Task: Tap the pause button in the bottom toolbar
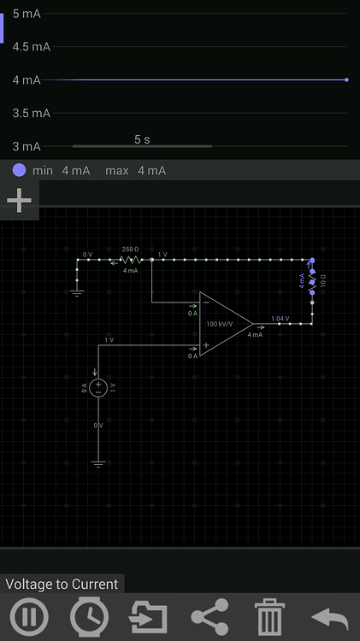tap(29, 617)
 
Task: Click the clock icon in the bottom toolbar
tap(89, 617)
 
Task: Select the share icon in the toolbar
tap(210, 617)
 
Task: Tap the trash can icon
tap(269, 617)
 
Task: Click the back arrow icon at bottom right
tap(330, 617)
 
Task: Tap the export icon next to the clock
tap(150, 617)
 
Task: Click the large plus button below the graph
tap(19, 201)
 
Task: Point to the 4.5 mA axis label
tap(31, 47)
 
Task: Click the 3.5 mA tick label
tap(31, 113)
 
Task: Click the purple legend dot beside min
tap(20, 170)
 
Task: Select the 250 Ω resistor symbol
tap(130, 258)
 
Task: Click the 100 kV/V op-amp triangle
tap(222, 324)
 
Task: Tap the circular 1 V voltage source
tap(98, 387)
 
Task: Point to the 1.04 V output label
tap(280, 319)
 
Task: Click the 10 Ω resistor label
tap(323, 280)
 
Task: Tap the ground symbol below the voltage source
tap(98, 464)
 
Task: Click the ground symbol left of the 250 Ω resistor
tap(77, 292)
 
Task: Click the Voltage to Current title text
tap(62, 585)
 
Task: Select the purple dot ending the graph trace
tap(346, 79)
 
